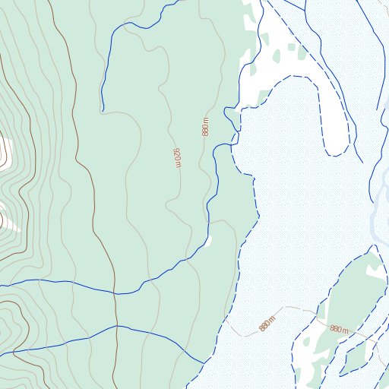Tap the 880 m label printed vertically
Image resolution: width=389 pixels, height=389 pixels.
tap(205, 127)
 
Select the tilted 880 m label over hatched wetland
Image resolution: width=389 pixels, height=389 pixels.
tap(266, 323)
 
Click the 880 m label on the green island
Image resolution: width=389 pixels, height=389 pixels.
tap(339, 329)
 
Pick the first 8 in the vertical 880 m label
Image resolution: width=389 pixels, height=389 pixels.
tap(205, 132)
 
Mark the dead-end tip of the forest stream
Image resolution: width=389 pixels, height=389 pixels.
tap(102, 109)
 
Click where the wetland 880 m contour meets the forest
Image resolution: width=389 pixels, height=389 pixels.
tap(226, 319)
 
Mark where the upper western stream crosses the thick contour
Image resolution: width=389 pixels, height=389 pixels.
tap(115, 293)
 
